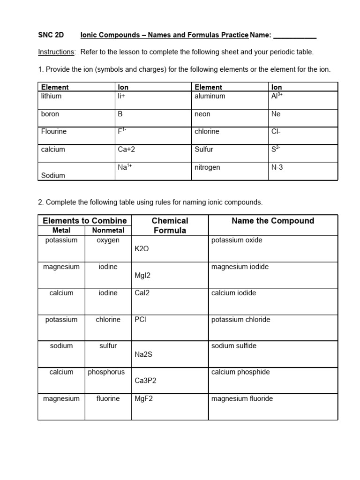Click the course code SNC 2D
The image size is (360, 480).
(51, 35)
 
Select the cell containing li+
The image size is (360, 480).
(123, 96)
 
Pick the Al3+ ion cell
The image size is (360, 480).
(277, 96)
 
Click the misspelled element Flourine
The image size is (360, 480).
(54, 132)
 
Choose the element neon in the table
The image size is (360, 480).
(202, 114)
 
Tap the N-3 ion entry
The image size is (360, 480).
(277, 167)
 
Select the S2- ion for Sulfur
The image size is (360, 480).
(276, 149)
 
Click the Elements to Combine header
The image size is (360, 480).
(85, 221)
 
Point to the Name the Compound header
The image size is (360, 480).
(273, 221)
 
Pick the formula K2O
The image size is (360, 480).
(142, 249)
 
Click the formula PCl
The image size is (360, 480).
(141, 320)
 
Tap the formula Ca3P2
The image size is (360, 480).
(145, 381)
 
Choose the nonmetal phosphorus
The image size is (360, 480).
(106, 372)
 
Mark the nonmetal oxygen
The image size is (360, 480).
(108, 240)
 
